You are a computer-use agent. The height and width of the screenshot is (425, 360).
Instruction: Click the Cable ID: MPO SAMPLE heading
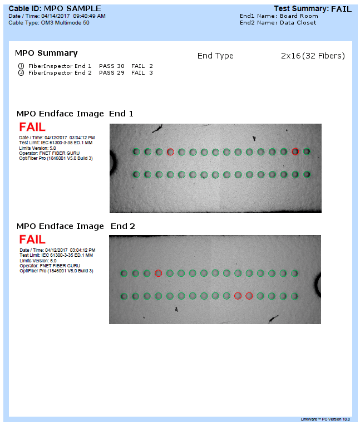55,8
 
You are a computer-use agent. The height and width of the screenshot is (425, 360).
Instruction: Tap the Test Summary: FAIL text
313,9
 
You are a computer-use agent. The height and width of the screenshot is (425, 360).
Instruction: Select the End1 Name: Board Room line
279,16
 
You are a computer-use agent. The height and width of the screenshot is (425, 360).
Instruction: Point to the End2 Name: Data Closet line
278,22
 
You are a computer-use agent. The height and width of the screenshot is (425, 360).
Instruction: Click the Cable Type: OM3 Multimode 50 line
49,23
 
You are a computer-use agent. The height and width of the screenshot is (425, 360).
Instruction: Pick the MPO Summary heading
46,53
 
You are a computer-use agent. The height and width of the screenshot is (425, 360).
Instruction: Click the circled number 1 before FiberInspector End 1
21,66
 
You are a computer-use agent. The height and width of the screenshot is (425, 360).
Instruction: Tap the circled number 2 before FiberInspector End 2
21,72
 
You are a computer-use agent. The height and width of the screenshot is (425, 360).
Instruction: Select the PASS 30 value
111,66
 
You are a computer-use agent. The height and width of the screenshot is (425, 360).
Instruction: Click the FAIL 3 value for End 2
142,72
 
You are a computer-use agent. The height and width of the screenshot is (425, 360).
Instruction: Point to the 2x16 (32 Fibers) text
313,56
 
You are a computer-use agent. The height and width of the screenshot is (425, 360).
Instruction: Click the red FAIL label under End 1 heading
32,127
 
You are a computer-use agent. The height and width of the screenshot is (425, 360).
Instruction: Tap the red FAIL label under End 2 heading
32,240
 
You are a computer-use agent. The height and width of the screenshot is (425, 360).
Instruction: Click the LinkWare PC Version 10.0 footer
326,419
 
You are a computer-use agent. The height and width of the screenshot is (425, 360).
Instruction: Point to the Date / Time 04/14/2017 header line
57,16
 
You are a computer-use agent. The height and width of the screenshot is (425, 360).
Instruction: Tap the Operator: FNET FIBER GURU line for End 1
50,153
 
